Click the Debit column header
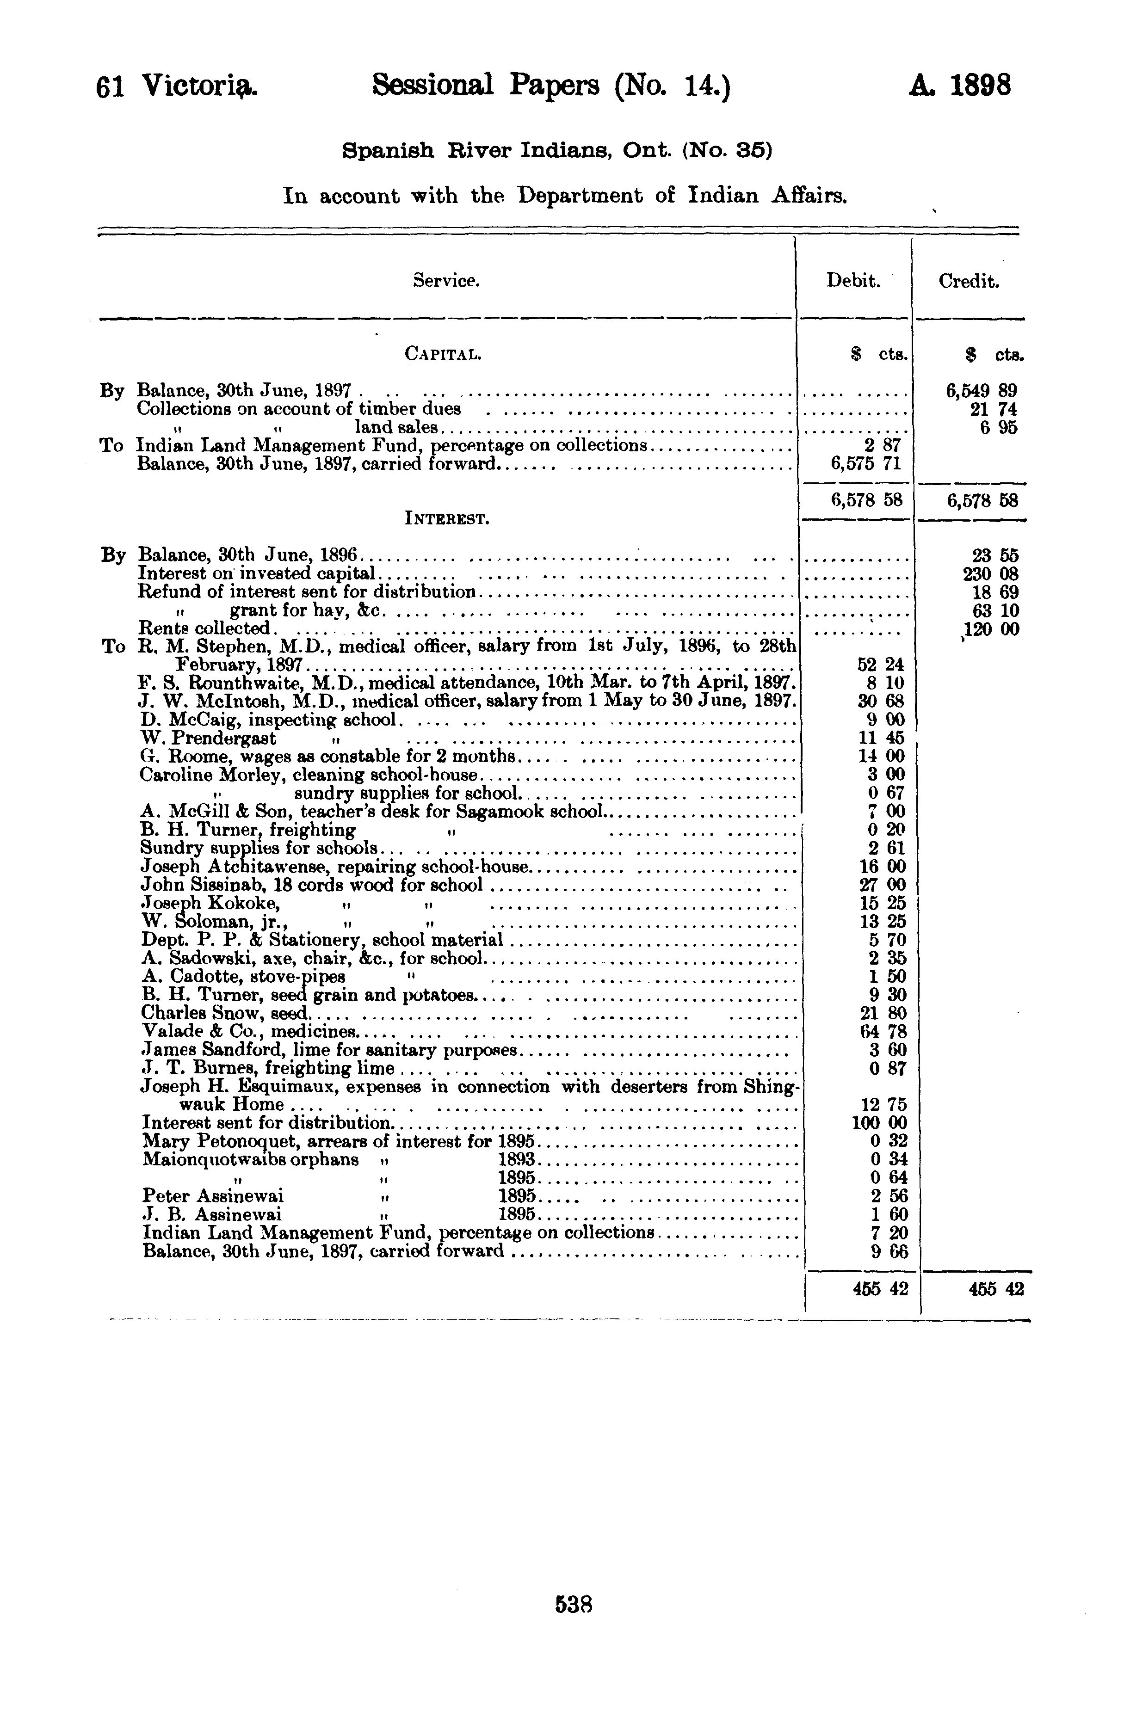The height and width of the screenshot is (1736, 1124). pyautogui.click(x=852, y=281)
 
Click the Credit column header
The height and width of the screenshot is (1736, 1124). pyautogui.click(x=969, y=281)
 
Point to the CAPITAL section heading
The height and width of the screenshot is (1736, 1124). pyautogui.click(x=443, y=355)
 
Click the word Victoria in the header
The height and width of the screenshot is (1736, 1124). pyautogui.click(x=198, y=86)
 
